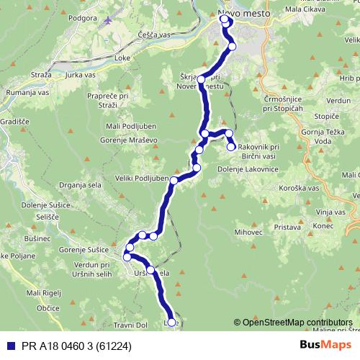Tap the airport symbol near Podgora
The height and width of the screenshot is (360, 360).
pos(108,19)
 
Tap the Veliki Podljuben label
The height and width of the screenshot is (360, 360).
pos(141,179)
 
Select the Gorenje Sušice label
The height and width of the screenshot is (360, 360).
pos(84,249)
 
